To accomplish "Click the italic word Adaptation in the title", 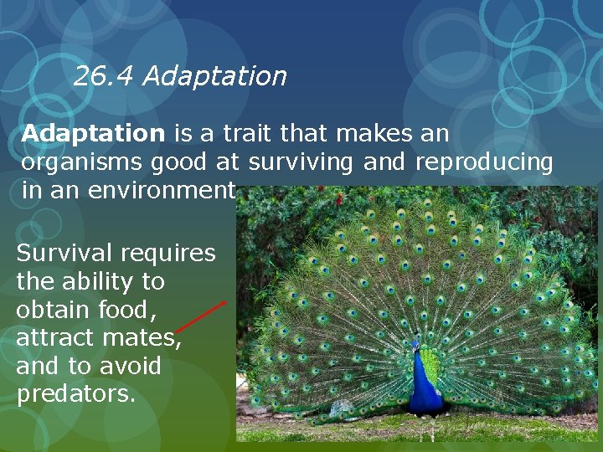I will click(x=214, y=77).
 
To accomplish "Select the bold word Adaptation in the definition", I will click(x=94, y=133).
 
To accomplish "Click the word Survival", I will click(x=64, y=253).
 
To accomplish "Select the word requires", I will click(x=168, y=254).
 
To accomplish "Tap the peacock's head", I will click(x=415, y=346).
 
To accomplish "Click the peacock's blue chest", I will click(x=421, y=381).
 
